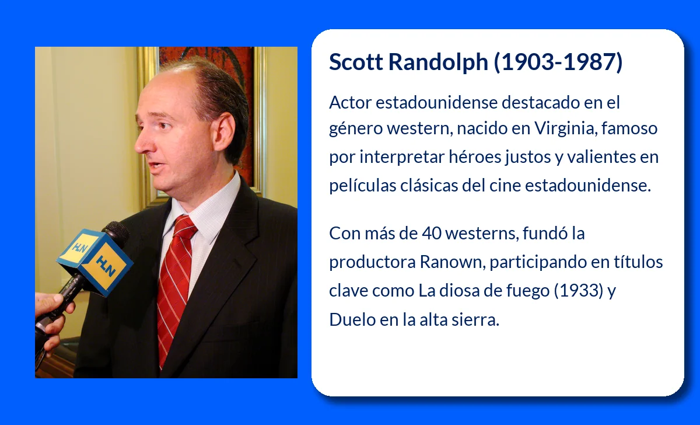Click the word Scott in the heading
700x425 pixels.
coord(356,62)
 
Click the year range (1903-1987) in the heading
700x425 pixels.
coord(558,62)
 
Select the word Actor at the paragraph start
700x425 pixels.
coord(350,103)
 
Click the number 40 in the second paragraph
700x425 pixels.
coord(431,234)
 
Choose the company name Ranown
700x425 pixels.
coord(452,262)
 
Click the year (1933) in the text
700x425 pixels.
coord(579,291)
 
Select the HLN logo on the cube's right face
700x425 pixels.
coord(106,266)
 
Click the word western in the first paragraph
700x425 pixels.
coord(420,128)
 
